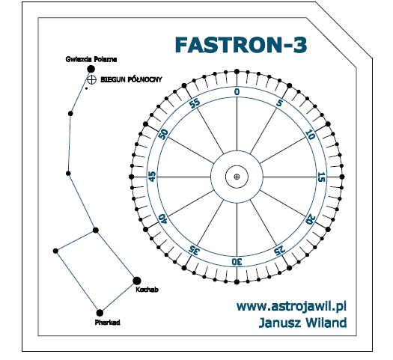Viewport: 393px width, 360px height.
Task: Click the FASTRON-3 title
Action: coord(241,45)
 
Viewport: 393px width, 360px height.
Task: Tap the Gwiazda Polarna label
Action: coord(91,59)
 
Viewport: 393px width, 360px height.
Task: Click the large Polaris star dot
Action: coord(91,69)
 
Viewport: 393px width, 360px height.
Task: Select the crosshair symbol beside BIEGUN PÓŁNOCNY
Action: coord(91,79)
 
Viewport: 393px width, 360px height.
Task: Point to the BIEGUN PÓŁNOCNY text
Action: coord(131,79)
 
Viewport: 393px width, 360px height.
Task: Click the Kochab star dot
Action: coord(136,281)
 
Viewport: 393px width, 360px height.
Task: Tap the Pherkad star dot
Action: coord(100,313)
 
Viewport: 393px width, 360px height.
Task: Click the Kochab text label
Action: coord(147,290)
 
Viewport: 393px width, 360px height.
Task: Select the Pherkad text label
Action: coord(108,323)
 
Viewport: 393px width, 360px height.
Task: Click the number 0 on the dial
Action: coord(237,92)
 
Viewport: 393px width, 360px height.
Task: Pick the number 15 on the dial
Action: coord(321,177)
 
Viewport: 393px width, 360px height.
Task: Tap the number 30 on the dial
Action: coord(237,262)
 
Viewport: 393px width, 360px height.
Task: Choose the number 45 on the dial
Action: coord(153,177)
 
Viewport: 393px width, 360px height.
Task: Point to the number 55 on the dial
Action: coord(195,103)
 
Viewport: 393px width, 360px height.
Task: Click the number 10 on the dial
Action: coord(311,135)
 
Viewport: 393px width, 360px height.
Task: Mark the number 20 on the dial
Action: coord(311,219)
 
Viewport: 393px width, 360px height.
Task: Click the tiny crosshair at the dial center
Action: coord(237,177)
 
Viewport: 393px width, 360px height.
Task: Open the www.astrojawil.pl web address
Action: coord(291,306)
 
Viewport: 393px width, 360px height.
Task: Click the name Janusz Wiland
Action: coord(302,323)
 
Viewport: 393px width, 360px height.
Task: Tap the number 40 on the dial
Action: coord(163,219)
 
